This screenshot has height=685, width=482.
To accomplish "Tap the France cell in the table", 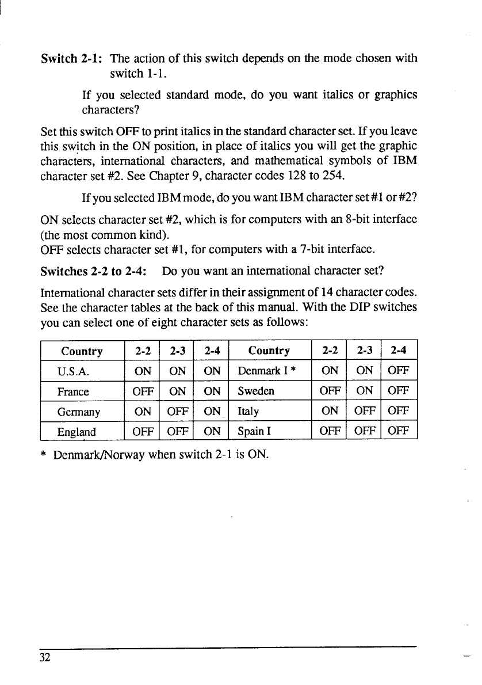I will coord(73,391).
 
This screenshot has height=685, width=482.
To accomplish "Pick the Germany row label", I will coord(79,412).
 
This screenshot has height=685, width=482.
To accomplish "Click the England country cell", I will coord(76,432).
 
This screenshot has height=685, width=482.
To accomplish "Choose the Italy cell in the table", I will coord(248,412).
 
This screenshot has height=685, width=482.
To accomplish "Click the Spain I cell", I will coord(253,432).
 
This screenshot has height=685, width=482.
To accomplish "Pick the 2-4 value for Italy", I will coord(397,412).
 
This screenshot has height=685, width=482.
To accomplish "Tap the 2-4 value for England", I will coord(212,432).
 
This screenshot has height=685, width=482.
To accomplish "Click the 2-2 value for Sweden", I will coord(330,391).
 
